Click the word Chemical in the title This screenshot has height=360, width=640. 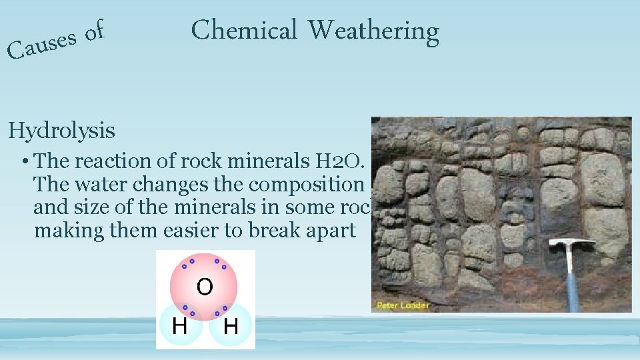[x=243, y=30]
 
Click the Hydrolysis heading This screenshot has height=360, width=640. [x=61, y=131]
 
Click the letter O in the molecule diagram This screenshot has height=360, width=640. [x=204, y=287]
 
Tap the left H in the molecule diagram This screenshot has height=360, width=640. [x=179, y=326]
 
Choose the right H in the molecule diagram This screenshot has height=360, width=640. [x=231, y=326]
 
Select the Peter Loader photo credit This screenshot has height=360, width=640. [x=402, y=305]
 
